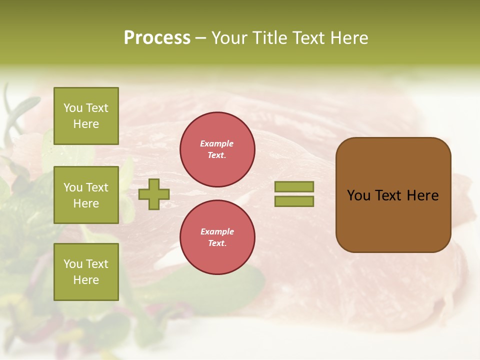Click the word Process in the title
157,38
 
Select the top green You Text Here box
86,116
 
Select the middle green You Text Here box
86,195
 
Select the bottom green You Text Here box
86,271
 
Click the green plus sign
154,194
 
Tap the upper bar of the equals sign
294,186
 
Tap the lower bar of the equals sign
294,201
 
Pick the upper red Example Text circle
217,149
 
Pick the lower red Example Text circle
217,237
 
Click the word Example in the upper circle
217,144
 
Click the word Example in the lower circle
217,232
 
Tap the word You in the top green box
73,108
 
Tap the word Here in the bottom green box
86,280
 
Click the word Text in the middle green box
97,187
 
